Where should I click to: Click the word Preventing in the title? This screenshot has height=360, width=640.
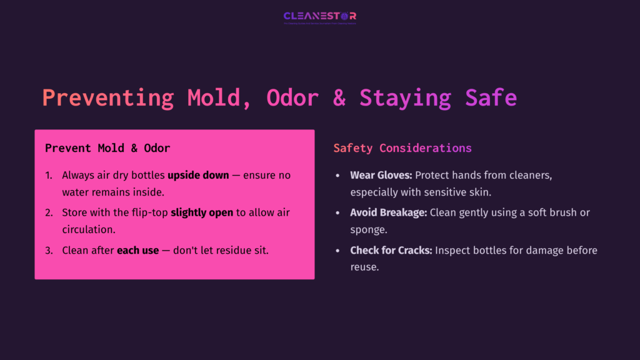coord(108,98)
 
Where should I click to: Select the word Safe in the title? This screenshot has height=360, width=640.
coord(491,98)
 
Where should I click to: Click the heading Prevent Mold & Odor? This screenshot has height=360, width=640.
coord(107,149)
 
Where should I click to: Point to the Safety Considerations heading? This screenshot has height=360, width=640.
coord(402,148)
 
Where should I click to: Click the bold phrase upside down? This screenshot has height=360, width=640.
coord(198,176)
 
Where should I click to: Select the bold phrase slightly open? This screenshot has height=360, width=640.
coord(202,213)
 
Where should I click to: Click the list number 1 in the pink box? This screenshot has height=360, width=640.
coord(49,176)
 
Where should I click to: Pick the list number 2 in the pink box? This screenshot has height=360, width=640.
coord(49,213)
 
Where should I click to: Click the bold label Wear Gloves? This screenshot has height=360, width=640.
coord(381,176)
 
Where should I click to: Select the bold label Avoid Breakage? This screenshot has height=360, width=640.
coord(389,213)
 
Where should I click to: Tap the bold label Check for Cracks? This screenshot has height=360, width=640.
coord(391,251)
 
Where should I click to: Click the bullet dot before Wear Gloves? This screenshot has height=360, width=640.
coord(338,176)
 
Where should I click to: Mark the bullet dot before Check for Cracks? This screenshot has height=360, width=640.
coord(338,251)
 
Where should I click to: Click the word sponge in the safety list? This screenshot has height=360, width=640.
coord(368,229)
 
